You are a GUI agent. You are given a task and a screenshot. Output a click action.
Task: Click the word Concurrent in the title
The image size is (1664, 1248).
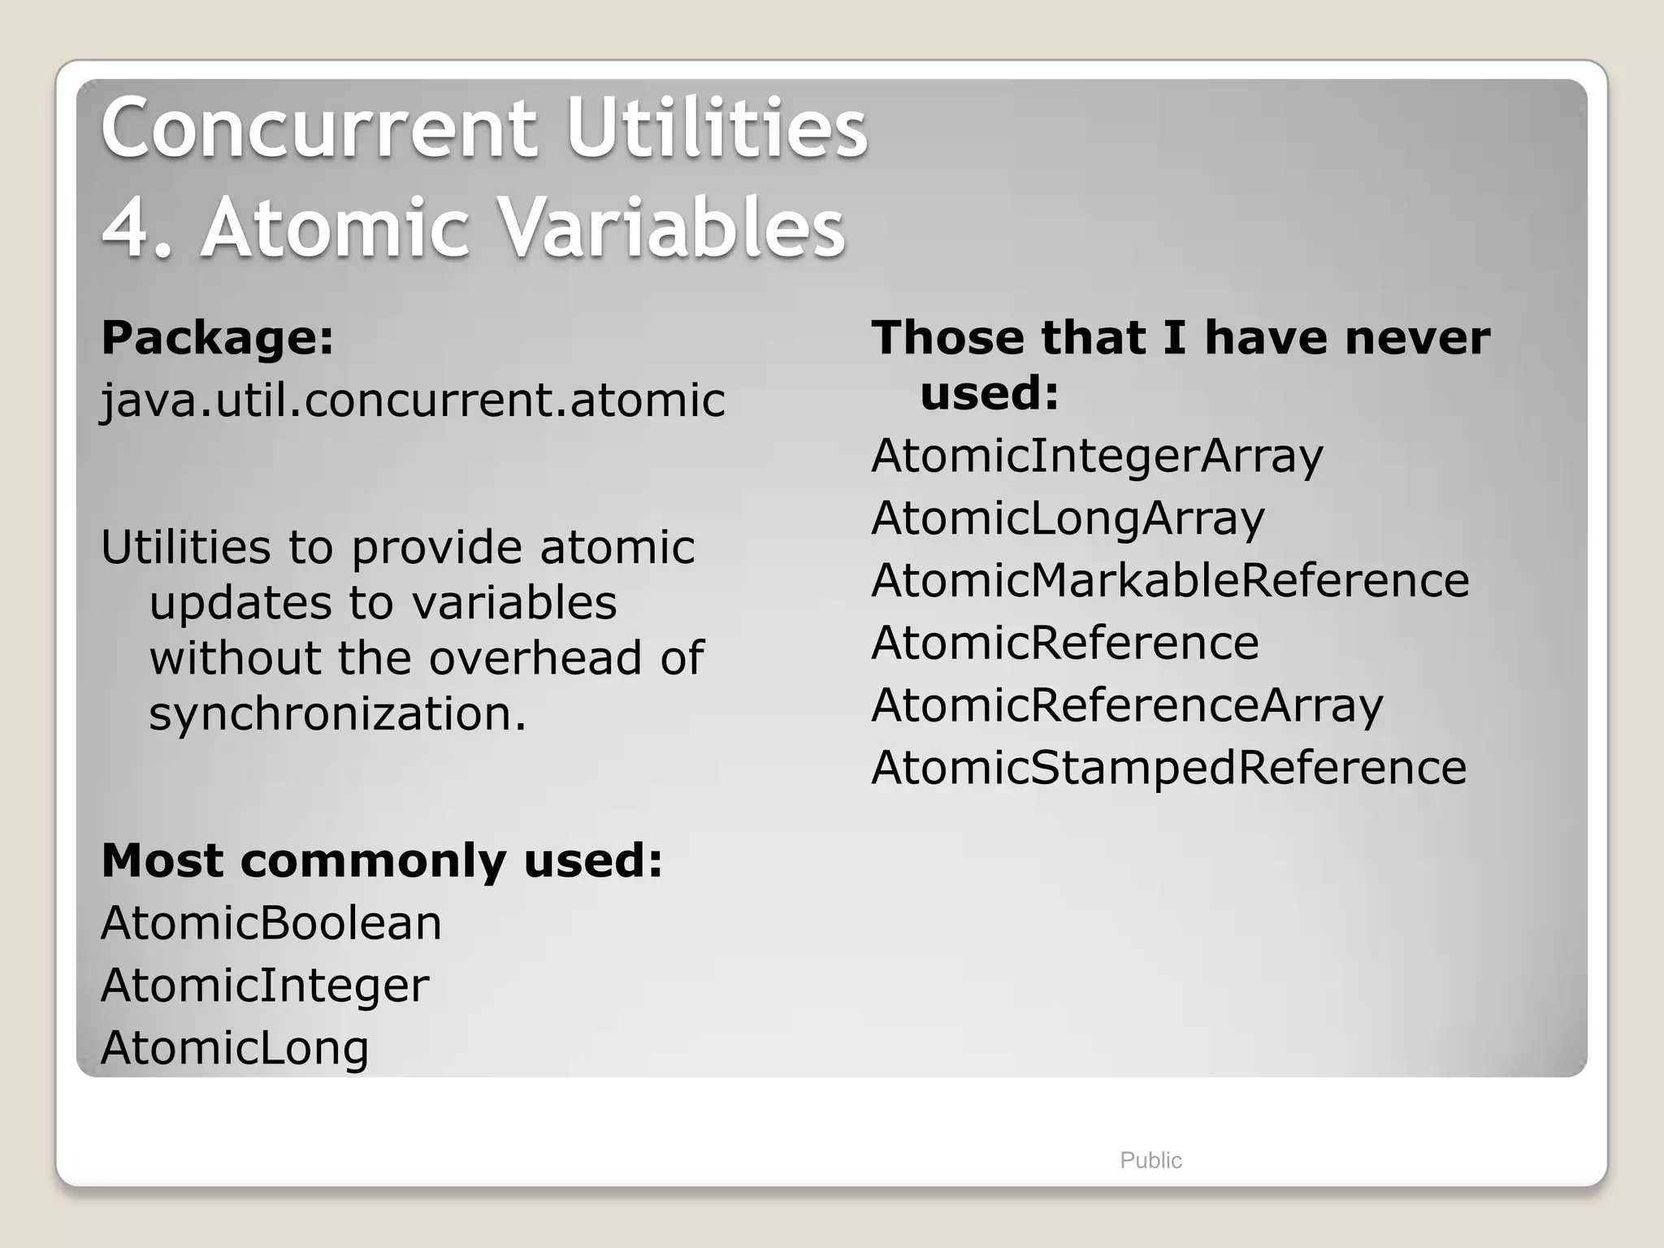[318, 128]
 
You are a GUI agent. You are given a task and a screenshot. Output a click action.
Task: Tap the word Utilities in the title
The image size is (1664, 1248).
[717, 128]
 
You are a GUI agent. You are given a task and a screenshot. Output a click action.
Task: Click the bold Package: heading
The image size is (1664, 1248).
[217, 338]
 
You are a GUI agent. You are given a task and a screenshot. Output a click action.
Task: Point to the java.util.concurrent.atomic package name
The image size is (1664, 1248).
[413, 401]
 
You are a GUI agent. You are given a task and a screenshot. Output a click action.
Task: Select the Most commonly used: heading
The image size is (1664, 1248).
[382, 860]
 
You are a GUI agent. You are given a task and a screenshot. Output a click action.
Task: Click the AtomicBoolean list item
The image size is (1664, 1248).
[271, 923]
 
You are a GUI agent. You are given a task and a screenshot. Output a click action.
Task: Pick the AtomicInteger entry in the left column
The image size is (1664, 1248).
[265, 986]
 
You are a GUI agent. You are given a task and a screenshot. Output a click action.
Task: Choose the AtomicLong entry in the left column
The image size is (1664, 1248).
[235, 1048]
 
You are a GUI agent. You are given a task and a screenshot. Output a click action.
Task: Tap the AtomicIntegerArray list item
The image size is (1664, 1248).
[1097, 456]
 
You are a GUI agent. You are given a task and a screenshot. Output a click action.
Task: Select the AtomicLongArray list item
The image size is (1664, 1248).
[1068, 518]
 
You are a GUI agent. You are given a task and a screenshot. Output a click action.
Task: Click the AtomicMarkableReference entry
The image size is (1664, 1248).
[1170, 581]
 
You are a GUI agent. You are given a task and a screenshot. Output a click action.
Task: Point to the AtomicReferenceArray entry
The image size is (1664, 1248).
[1127, 706]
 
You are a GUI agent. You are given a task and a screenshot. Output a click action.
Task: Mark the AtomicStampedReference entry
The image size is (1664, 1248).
[1168, 768]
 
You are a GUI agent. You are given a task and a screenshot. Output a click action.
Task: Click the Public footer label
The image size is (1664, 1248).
[1150, 1160]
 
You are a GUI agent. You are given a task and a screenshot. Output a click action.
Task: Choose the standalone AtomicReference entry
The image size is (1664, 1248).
[1064, 643]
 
